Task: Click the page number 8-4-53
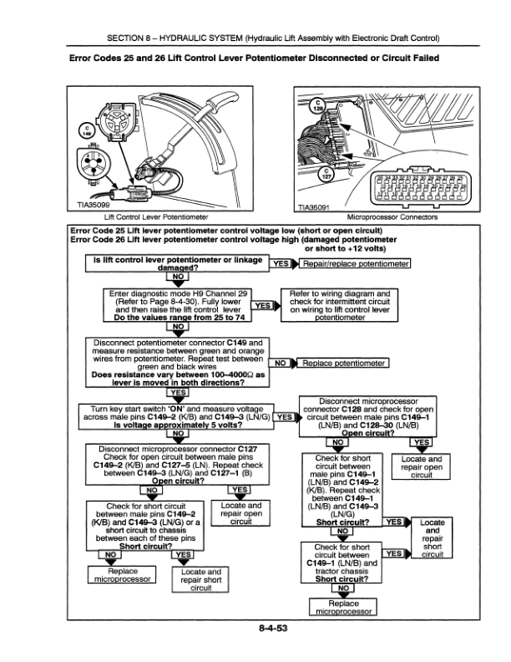(255, 629)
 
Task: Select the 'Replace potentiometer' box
(344, 364)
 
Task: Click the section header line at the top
(255, 39)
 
